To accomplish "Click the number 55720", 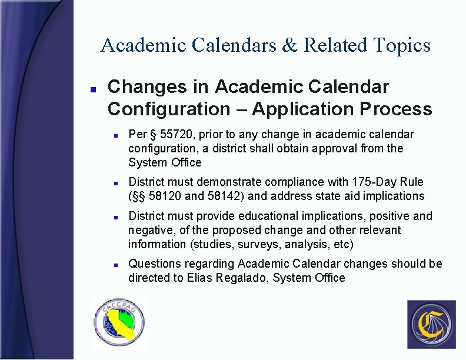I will click(174, 134).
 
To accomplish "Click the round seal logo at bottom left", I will click(120, 323).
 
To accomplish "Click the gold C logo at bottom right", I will click(431, 324).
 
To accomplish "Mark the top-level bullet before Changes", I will click(92, 88).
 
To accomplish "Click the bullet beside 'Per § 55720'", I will click(116, 135).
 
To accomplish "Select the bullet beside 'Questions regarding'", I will click(116, 265).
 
